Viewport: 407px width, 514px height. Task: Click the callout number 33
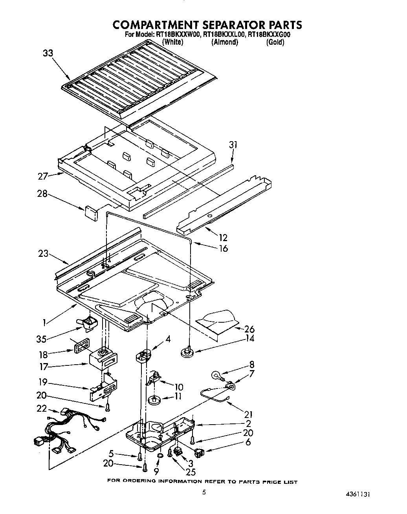click(48, 54)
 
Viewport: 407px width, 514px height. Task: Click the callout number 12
click(223, 238)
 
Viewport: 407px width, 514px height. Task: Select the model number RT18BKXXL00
click(225, 35)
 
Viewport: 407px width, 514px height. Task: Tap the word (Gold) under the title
click(275, 42)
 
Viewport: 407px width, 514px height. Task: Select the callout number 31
click(233, 145)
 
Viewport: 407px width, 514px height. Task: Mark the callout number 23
click(43, 254)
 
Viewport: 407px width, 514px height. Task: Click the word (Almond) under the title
click(225, 42)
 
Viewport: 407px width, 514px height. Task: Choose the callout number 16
click(223, 248)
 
